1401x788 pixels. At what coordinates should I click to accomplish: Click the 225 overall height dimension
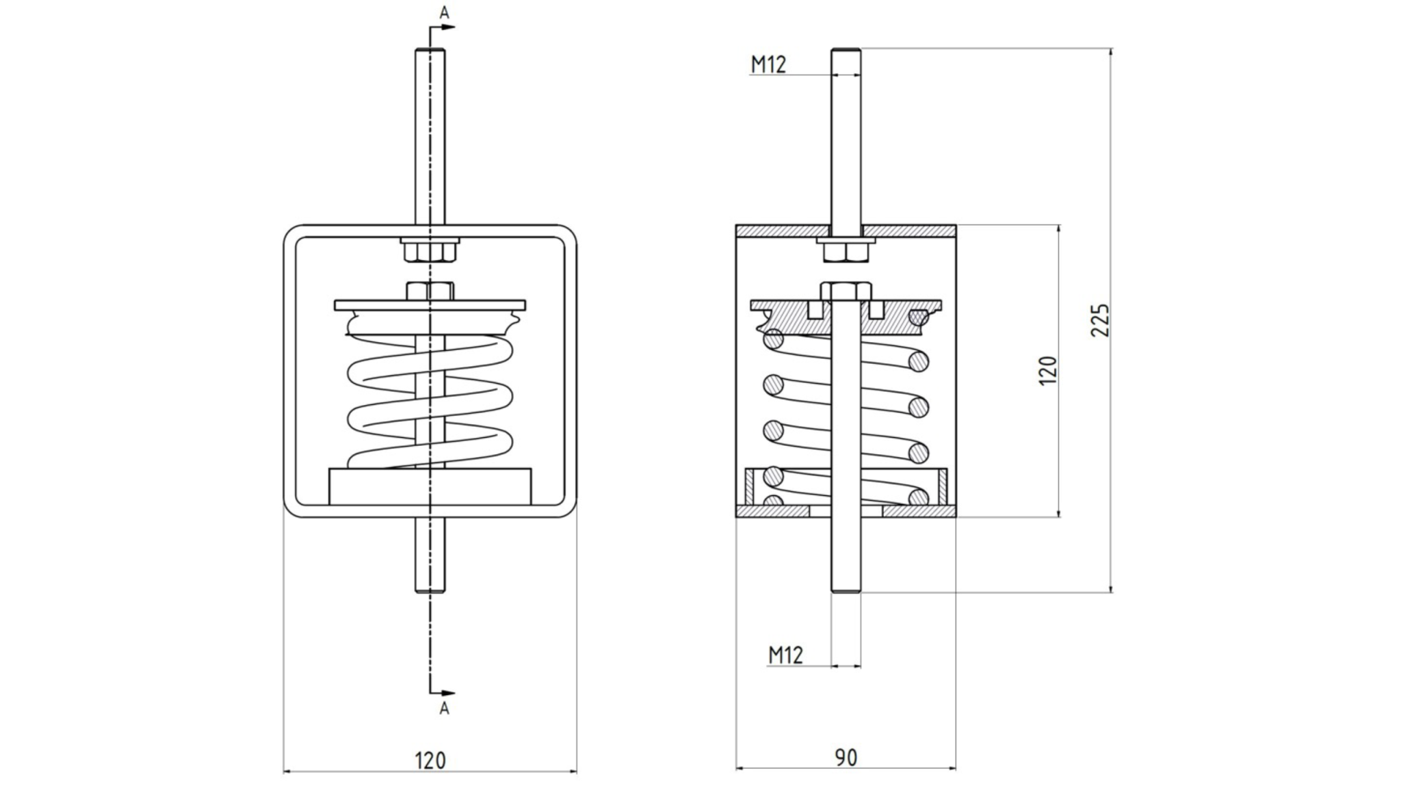pos(1099,319)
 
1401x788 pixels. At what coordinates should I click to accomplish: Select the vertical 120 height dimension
pos(1048,370)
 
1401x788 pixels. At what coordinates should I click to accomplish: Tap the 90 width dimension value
pos(846,757)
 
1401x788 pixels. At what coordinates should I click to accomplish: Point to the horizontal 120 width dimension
pos(430,760)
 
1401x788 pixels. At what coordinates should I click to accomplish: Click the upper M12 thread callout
pos(768,65)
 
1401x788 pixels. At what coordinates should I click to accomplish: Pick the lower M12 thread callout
pos(785,655)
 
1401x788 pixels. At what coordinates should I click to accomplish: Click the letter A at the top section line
pos(445,12)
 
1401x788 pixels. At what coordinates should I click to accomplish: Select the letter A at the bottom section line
pos(445,709)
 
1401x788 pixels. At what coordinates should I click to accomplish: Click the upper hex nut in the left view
pos(430,251)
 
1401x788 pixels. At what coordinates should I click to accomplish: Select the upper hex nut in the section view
pos(846,252)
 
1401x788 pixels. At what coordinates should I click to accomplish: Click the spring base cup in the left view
pos(430,486)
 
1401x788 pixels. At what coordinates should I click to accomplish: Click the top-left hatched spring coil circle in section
pos(774,339)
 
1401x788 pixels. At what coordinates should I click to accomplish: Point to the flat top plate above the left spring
pos(430,304)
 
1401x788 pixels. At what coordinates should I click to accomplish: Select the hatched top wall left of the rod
pos(783,231)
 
